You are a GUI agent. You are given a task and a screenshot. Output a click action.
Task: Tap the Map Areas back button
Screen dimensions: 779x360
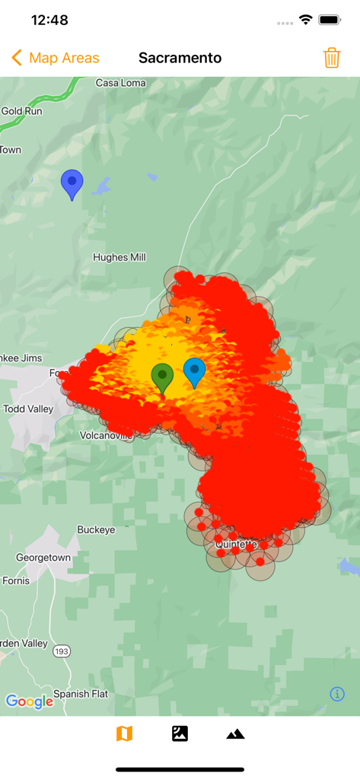pos(56,58)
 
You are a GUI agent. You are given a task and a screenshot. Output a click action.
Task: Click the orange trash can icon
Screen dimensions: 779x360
pos(332,58)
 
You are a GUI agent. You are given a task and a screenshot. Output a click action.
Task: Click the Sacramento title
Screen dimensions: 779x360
pos(180,58)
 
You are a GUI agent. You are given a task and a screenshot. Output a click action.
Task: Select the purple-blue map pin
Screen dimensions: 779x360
pos(72,183)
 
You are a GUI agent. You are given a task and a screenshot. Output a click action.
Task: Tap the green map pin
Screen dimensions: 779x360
pos(162,377)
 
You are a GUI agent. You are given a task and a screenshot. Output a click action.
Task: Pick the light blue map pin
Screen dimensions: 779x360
pos(195,371)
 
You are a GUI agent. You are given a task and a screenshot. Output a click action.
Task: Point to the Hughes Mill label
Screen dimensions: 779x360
pos(119,257)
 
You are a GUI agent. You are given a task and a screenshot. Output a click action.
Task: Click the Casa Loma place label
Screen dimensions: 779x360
pos(121,83)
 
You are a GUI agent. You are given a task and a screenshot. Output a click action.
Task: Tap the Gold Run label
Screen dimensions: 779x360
pos(22,110)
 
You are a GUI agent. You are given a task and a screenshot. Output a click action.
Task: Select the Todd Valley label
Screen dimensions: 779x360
pos(29,409)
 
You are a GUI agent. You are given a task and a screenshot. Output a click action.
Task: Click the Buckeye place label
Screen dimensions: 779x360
pos(96,529)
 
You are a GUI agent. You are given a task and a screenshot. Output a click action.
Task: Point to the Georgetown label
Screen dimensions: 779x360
pos(43,558)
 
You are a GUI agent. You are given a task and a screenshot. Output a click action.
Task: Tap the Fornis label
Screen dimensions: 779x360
pos(16,580)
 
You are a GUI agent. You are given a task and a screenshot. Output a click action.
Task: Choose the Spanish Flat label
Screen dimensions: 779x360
pos(80,695)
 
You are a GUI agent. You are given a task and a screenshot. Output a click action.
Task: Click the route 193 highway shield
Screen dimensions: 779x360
pos(62,652)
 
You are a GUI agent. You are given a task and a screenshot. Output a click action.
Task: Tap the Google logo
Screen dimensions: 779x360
pos(30,701)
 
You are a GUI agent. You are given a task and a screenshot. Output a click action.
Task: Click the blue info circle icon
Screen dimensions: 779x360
pos(337,694)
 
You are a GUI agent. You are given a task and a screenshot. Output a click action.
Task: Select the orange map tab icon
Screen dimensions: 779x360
pos(124,733)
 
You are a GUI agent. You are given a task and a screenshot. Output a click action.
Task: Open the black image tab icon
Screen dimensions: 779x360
pos(180,733)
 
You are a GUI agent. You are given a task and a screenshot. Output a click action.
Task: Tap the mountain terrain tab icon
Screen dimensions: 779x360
pos(235,733)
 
